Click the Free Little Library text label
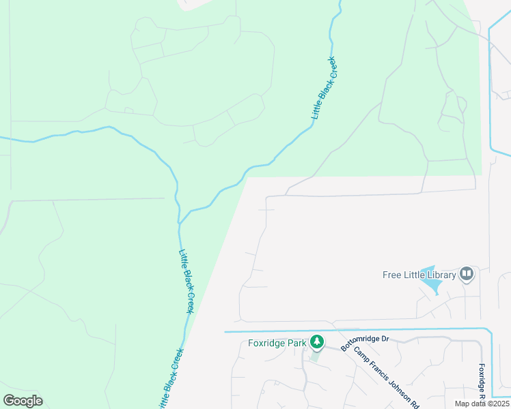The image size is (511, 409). point(419,275)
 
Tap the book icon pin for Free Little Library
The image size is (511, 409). point(467,274)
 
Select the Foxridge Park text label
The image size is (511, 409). point(277,343)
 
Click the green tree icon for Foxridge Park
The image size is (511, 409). point(316,341)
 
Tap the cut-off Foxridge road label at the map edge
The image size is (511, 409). point(482,382)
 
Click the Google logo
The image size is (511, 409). point(23,401)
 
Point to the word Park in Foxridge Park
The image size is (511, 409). point(296,343)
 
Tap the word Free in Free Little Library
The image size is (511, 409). point(391,275)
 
